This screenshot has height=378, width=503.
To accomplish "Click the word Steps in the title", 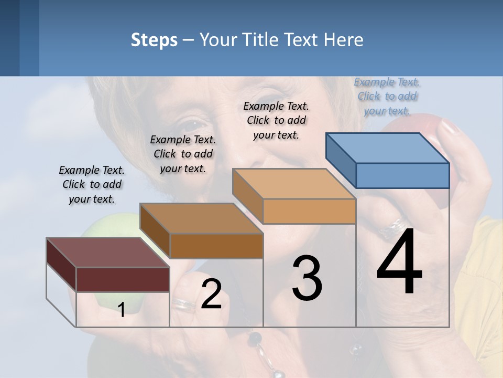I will coord(154,40).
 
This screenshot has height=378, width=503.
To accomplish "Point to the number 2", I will coord(211,294).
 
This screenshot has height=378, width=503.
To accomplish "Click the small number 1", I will coord(121,310).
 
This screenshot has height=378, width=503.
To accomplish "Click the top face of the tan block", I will coord(294,184).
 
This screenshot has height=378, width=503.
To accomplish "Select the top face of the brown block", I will coord(201,218).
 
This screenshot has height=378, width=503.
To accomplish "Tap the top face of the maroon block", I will coord(108,253).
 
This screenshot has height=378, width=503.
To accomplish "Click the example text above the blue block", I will coord(387,96).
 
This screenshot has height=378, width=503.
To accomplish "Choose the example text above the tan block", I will coord(276,120).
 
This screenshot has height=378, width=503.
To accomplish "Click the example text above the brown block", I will coord(183,154).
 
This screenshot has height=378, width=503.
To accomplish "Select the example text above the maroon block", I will coord(92,184).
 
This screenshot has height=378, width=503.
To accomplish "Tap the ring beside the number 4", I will coord(394,227).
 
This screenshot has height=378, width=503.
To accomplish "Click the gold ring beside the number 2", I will coord(183,303).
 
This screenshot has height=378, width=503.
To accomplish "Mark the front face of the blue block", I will coord(402,175).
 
